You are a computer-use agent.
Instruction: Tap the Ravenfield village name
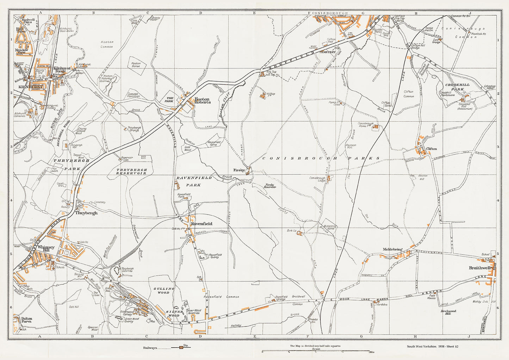pyautogui.click(x=201, y=224)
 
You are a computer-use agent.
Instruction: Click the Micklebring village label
pyautogui.click(x=392, y=249)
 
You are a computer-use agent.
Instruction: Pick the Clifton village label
pyautogui.click(x=432, y=149)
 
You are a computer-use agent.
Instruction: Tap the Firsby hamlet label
pyautogui.click(x=239, y=170)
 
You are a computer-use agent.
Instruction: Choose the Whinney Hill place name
pyautogui.click(x=44, y=249)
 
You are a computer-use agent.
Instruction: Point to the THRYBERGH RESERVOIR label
pyautogui.click(x=131, y=172)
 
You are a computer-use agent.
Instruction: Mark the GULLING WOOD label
pyautogui.click(x=163, y=290)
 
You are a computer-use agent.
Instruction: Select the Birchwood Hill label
pyautogui.click(x=448, y=312)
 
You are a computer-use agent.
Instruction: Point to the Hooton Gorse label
pyautogui.click(x=136, y=65)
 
